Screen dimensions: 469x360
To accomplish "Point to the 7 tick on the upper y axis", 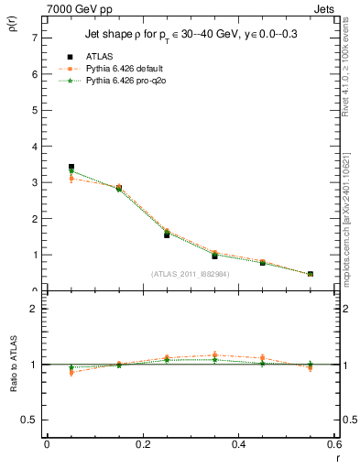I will [x=34, y=38].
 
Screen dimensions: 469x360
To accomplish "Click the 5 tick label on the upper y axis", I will [x=34, y=110].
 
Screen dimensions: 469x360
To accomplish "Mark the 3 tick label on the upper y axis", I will [x=34, y=182].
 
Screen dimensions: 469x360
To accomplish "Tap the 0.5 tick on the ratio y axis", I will [x=30, y=420].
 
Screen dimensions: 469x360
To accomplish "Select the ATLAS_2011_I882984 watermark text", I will [x=190, y=274].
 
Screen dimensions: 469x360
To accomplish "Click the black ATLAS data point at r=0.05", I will [x=71, y=167].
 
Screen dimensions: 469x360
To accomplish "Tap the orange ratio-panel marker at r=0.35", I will [x=214, y=354].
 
